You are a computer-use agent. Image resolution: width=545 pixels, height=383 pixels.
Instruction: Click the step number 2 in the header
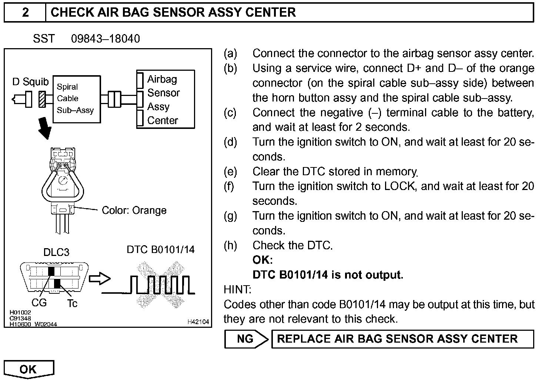[x=25, y=13]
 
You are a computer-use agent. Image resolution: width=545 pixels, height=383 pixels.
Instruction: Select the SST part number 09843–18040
[x=106, y=39]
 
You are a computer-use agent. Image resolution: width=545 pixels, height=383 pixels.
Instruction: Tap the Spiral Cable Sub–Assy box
[x=77, y=99]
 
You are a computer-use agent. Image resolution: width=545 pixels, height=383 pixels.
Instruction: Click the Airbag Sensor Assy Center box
[x=165, y=100]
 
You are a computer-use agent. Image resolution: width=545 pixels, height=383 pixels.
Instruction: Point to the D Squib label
[x=30, y=82]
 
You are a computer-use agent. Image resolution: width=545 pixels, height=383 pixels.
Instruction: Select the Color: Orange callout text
[x=134, y=210]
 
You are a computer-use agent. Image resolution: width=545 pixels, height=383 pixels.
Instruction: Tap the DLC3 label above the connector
[x=56, y=252]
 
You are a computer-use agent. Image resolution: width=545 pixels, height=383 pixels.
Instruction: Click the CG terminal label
[x=39, y=303]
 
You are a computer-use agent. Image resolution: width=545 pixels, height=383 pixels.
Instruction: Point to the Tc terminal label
[x=72, y=303]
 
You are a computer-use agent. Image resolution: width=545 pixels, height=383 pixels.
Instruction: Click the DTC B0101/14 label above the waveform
[x=160, y=249]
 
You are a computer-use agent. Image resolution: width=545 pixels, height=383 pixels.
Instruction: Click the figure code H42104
[x=198, y=322]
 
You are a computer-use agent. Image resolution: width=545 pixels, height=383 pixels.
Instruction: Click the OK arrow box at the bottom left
[x=29, y=369]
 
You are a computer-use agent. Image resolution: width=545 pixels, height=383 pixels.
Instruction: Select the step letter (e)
[x=230, y=171]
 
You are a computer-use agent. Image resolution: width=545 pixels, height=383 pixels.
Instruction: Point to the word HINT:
[x=237, y=289]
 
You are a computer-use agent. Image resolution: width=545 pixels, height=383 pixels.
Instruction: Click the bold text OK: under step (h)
[x=263, y=260]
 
